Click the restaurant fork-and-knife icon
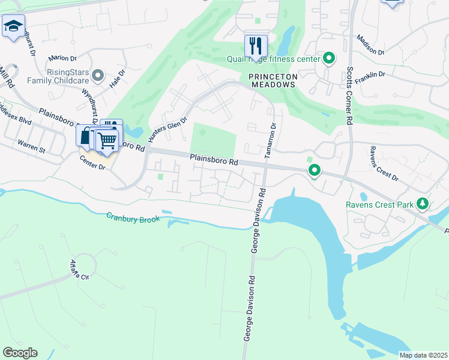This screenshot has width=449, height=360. [256, 44]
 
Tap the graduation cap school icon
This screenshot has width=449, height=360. [13, 26]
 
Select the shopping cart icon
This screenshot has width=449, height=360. [107, 140]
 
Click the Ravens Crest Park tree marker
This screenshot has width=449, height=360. [423, 204]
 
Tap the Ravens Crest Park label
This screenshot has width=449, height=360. [379, 205]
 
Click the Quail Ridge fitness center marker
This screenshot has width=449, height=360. [329, 58]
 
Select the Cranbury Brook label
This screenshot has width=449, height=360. [133, 218]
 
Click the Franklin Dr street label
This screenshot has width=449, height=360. [370, 74]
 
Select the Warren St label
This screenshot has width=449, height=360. [31, 145]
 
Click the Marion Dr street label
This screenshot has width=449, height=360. [63, 58]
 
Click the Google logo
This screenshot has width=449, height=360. [20, 353]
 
